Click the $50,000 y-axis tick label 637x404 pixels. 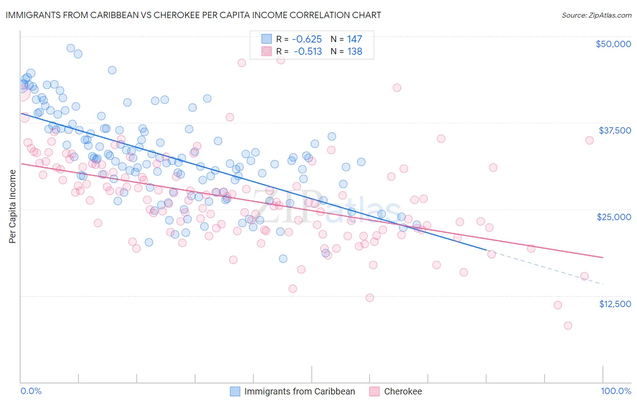coord(613,44)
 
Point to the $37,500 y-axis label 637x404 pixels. coord(615,130)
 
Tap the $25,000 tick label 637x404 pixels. coord(614,217)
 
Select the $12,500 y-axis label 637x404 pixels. coord(615,304)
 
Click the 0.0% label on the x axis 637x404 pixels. coord(31,391)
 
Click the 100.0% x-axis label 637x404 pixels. coord(616,391)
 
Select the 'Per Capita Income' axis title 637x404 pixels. coord(13,206)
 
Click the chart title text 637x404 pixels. coord(193,15)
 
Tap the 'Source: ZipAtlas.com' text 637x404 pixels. coord(596,15)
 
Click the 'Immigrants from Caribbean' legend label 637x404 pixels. coord(299,391)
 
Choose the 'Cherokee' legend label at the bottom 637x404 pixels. coord(403,391)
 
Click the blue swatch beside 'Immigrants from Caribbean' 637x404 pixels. coord(235,391)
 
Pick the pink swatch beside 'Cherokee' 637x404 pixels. coord(374,391)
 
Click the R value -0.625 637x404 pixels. coord(307,39)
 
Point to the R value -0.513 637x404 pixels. coord(308,52)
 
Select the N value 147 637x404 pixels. coord(355,39)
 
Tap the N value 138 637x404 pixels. coord(355,52)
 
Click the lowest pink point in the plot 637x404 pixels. coord(568,326)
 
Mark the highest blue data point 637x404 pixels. coord(71,48)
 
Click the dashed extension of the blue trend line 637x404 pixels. coord(544,267)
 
